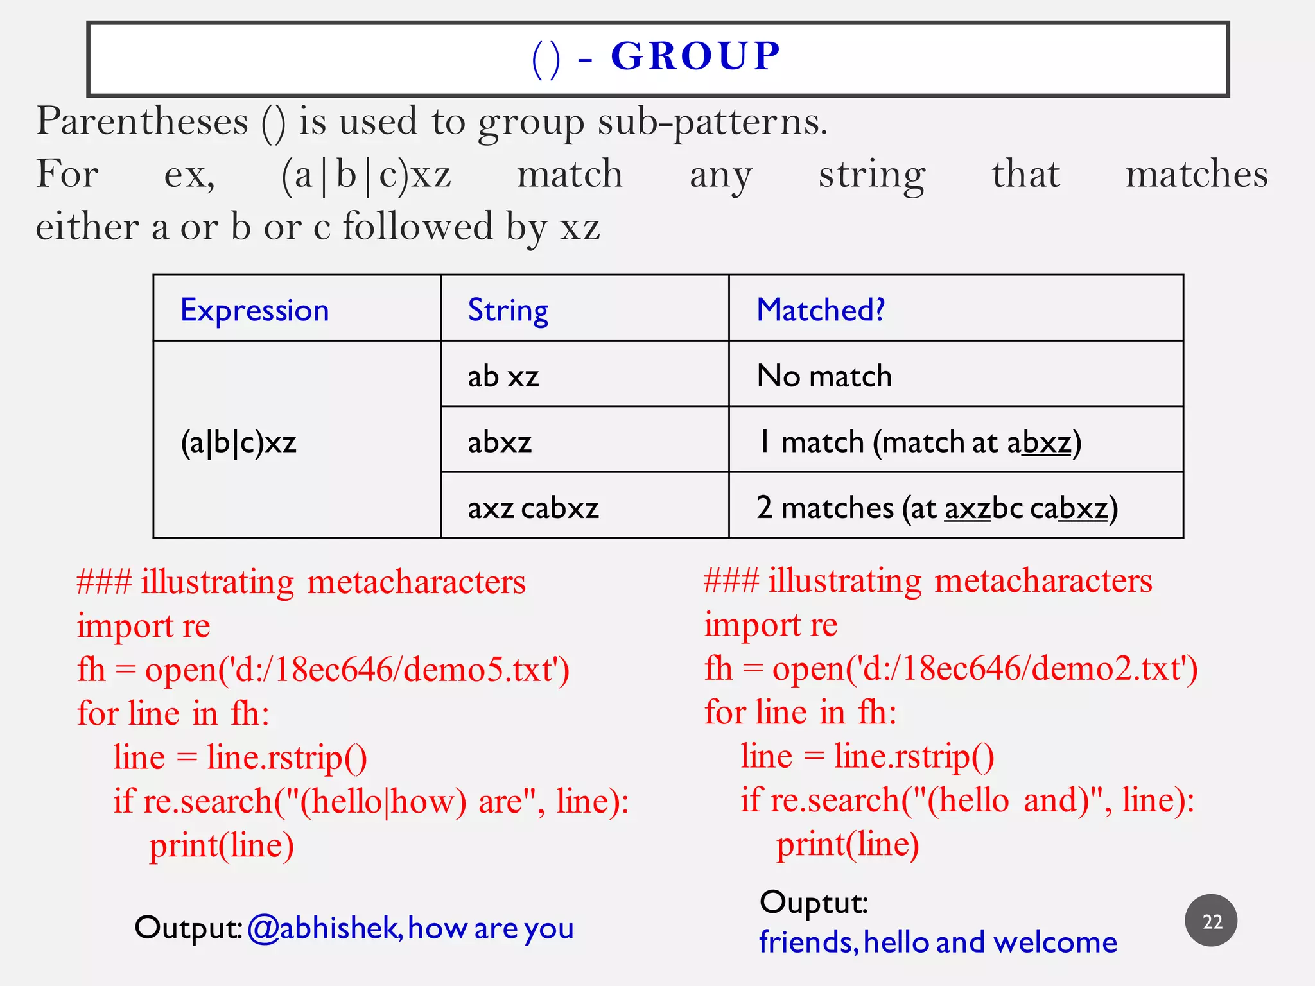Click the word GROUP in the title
(695, 56)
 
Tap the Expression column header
(254, 311)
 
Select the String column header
(508, 311)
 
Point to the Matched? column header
(821, 310)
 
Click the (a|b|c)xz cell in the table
(238, 442)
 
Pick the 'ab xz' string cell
(503, 376)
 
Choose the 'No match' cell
(824, 376)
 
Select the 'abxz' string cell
(500, 442)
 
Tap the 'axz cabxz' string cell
(533, 508)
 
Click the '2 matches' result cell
(937, 508)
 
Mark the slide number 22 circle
(1211, 921)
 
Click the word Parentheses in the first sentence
(142, 121)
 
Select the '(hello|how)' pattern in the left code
(383, 801)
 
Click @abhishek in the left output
(324, 928)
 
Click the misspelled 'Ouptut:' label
(814, 902)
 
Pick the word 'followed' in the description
(418, 227)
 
